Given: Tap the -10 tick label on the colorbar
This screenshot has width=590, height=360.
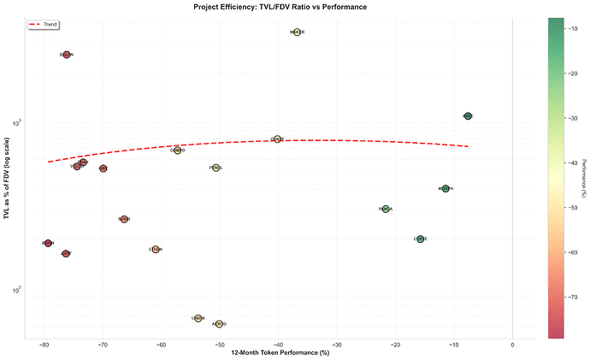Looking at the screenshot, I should [574, 28].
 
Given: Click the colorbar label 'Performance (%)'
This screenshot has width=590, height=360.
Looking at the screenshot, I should [584, 178].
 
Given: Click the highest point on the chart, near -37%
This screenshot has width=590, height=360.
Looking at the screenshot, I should [298, 32].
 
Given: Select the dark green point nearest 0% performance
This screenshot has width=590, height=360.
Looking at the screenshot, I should [468, 115].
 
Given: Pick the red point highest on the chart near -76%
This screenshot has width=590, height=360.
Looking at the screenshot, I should [67, 55].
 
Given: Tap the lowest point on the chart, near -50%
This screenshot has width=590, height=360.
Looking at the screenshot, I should [220, 324].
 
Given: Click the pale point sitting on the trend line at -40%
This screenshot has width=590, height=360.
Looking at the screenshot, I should [277, 139].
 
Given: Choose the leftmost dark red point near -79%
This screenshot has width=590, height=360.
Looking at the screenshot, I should [48, 244].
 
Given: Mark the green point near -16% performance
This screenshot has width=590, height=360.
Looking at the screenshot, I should [420, 239].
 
